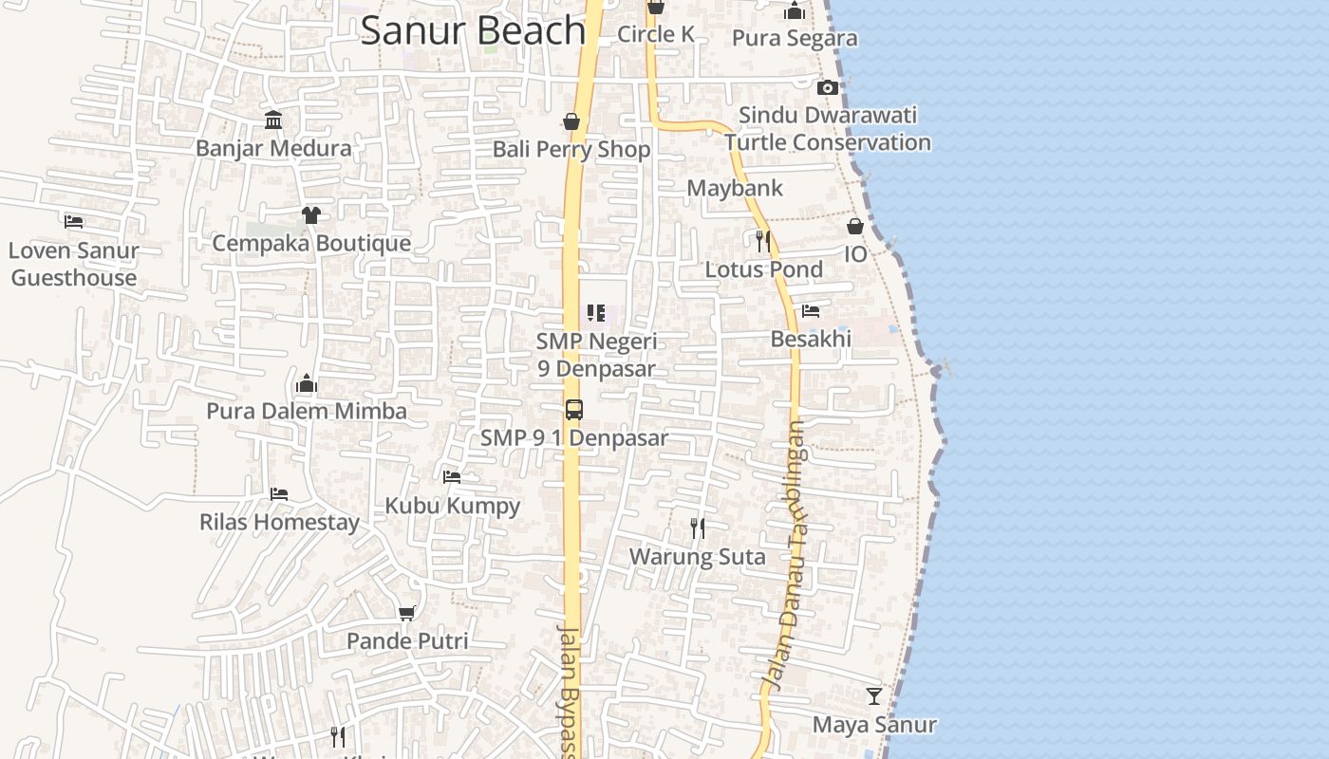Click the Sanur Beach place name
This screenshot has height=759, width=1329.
click(472, 30)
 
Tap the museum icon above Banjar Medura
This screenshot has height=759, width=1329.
click(273, 120)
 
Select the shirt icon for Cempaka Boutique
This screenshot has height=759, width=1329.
click(311, 214)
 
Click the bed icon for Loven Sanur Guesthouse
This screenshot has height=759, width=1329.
click(74, 222)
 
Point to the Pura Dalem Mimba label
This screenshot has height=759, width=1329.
click(307, 411)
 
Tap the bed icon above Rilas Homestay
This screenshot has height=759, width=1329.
click(279, 494)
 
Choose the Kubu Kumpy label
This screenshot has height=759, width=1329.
click(452, 505)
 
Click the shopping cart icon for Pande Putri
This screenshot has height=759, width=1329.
click(407, 613)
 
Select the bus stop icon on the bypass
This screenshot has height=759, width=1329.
click(573, 410)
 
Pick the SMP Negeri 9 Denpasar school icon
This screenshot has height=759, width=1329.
click(596, 313)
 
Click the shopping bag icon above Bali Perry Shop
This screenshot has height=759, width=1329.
click(571, 121)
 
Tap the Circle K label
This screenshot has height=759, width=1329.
click(656, 34)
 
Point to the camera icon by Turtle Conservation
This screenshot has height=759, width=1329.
click(828, 87)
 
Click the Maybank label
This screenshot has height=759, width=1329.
click(735, 188)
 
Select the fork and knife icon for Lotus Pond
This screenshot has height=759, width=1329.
click(762, 241)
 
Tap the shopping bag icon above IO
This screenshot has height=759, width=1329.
click(855, 226)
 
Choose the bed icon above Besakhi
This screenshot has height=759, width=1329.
click(811, 311)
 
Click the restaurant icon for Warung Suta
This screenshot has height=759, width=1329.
click(698, 528)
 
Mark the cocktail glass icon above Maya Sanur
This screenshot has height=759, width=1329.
click(874, 696)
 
